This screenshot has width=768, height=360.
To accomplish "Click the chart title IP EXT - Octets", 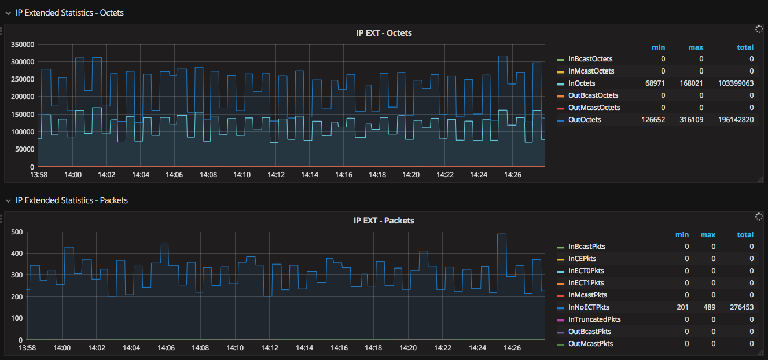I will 384,33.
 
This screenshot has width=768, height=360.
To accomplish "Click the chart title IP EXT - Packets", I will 384,221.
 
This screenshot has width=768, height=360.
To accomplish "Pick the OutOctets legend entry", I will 585,120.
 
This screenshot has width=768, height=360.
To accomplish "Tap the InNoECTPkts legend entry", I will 589,307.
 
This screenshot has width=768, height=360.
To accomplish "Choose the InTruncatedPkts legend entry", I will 594,319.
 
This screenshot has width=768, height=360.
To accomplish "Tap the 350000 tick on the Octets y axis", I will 21,45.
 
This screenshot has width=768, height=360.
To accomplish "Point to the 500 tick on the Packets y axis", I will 16,232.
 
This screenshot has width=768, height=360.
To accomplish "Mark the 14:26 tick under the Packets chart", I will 512,348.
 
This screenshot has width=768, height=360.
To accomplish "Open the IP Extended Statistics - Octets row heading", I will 69,13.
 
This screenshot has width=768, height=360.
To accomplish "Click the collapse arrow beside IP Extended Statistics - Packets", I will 8,201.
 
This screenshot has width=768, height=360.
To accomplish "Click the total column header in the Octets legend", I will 745,47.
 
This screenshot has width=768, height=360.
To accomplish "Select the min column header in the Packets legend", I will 682,235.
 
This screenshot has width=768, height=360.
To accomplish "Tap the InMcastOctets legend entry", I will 591,71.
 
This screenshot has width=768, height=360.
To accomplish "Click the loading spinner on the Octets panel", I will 759,29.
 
